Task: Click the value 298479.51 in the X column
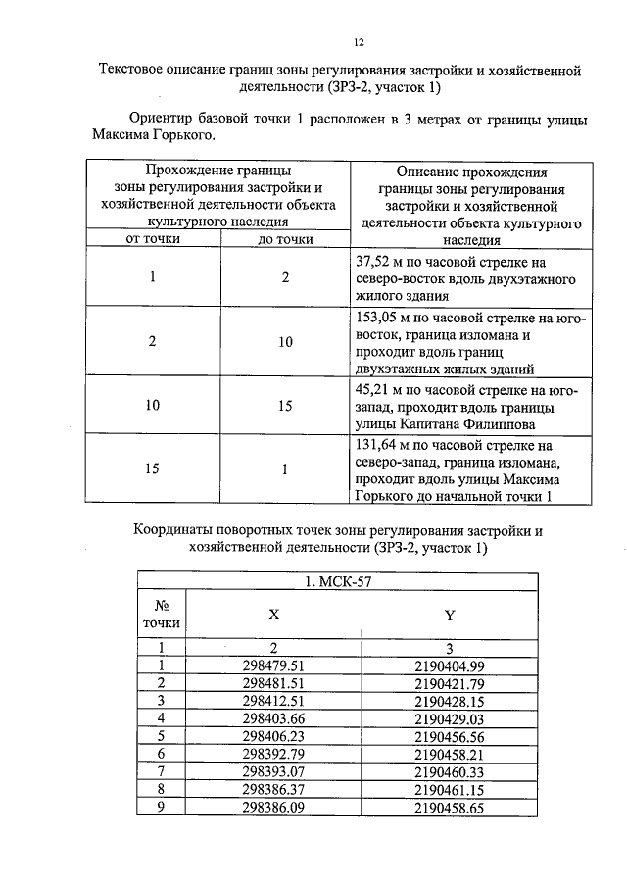point(273,666)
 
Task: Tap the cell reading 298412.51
point(273,700)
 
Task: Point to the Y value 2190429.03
point(450,716)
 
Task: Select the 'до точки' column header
point(284,239)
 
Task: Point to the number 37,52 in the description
point(371,262)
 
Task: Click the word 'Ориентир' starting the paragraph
point(163,119)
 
